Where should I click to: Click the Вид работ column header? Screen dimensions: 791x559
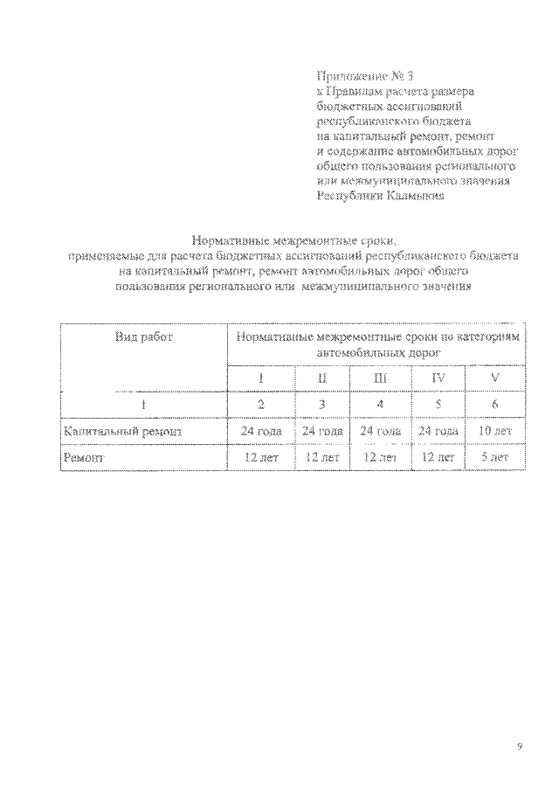pyautogui.click(x=144, y=337)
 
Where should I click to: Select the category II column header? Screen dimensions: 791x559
pyautogui.click(x=322, y=378)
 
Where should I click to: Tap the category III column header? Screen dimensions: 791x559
pyautogui.click(x=380, y=378)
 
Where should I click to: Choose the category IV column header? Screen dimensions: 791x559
pyautogui.click(x=438, y=378)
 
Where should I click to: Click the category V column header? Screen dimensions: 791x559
pyautogui.click(x=496, y=378)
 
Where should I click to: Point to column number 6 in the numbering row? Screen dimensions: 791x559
pyautogui.click(x=496, y=404)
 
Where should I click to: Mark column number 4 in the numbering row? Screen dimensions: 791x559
pyautogui.click(x=380, y=404)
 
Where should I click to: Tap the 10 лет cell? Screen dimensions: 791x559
pyautogui.click(x=495, y=431)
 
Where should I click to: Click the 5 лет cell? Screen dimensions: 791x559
pyautogui.click(x=495, y=456)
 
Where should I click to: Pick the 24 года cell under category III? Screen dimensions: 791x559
pyautogui.click(x=380, y=431)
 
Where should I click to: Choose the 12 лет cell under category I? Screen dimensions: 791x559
pyautogui.click(x=259, y=456)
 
